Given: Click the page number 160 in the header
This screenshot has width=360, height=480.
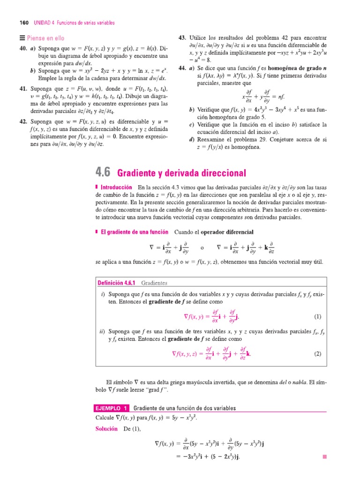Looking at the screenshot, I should tap(23, 22).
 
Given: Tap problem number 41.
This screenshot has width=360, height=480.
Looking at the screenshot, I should tap(23, 89).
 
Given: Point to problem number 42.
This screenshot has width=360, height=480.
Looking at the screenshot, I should tap(23, 121).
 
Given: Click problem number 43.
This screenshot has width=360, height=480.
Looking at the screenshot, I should tap(183, 37).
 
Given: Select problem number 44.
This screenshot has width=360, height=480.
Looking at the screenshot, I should tap(183, 68).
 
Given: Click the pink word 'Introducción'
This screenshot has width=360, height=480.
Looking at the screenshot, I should tap(117, 187).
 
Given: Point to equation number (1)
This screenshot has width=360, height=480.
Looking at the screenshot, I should tap(317, 316).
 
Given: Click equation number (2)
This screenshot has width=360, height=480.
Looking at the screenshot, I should tap(317, 354).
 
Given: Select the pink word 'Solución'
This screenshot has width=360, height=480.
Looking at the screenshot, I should tap(106, 429).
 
